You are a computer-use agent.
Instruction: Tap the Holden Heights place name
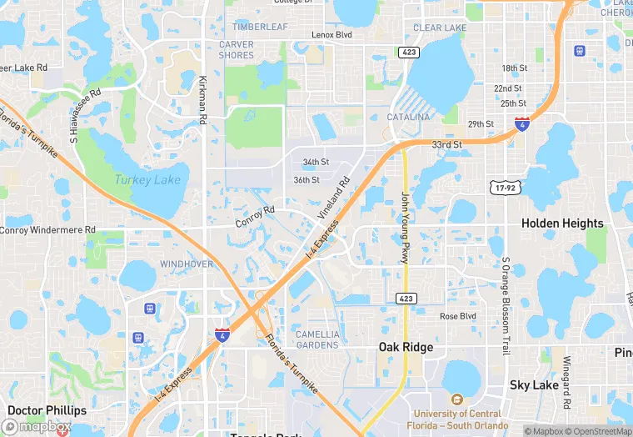[x=562, y=224]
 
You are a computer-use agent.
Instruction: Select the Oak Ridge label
[x=405, y=347]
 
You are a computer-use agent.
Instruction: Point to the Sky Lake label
[x=534, y=385]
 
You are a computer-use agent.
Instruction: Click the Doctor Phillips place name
[x=47, y=410]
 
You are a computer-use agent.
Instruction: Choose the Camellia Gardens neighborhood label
[x=317, y=339]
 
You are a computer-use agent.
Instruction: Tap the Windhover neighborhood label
[x=187, y=264]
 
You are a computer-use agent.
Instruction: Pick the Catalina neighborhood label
[x=408, y=118]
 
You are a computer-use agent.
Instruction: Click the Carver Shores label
[x=237, y=50]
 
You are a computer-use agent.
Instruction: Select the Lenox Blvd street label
[x=331, y=35]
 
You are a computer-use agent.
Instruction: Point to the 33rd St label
[x=446, y=144]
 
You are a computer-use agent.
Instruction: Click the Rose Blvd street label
[x=457, y=317]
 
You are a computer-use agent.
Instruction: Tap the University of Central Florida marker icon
[x=456, y=400]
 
